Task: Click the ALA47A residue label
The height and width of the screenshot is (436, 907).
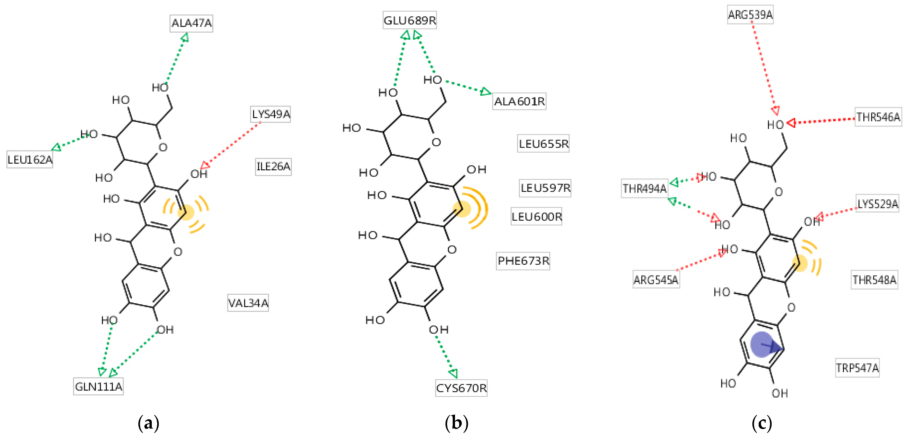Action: click(191, 23)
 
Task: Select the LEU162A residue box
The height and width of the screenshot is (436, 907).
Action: click(30, 160)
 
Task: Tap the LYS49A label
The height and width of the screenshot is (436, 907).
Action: click(270, 114)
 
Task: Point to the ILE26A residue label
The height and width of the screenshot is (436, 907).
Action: click(273, 166)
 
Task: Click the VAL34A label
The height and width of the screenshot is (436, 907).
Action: click(248, 303)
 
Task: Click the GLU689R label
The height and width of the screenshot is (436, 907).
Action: click(410, 20)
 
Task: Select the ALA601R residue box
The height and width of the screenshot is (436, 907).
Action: click(519, 101)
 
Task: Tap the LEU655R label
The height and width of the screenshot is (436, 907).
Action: click(543, 144)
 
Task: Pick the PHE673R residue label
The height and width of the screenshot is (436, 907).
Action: click(523, 261)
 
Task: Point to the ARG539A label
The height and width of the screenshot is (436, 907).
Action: click(750, 15)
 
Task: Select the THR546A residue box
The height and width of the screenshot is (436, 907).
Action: click(878, 117)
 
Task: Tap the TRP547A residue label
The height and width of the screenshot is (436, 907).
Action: click(857, 368)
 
